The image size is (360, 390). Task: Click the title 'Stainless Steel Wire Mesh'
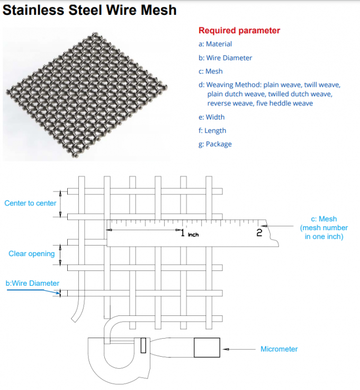tap(90, 10)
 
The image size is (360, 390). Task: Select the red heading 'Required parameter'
tap(239, 31)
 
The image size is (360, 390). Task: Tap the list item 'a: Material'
tap(215, 44)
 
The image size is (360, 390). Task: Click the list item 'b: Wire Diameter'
tap(225, 58)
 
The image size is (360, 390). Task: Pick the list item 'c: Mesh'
tap(210, 71)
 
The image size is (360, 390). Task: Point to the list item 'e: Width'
tap(211, 117)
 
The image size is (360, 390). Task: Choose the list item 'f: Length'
tap(212, 130)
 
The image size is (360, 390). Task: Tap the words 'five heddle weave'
tap(285, 103)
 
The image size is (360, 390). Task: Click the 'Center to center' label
tap(30, 203)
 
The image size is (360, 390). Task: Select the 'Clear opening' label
tap(31, 253)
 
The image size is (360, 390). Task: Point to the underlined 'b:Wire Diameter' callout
tap(32, 283)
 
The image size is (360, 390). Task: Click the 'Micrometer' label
tap(279, 349)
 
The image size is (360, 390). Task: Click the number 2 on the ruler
tap(259, 232)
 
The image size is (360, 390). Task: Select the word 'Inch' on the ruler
tap(193, 234)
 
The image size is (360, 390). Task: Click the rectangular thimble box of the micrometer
tap(206, 348)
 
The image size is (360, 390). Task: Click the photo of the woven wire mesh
tap(88, 93)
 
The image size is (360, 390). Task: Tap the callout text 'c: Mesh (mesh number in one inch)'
tap(323, 228)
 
